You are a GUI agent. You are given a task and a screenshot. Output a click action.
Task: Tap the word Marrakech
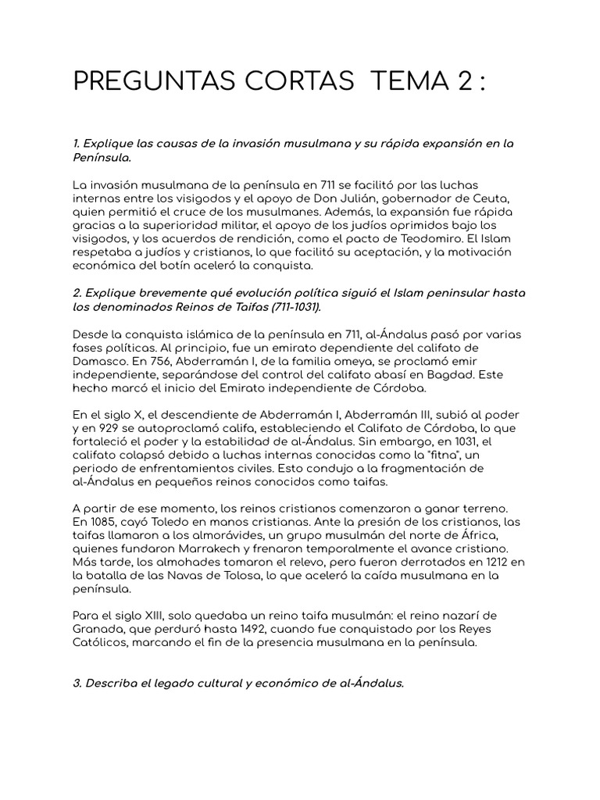[223, 549]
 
